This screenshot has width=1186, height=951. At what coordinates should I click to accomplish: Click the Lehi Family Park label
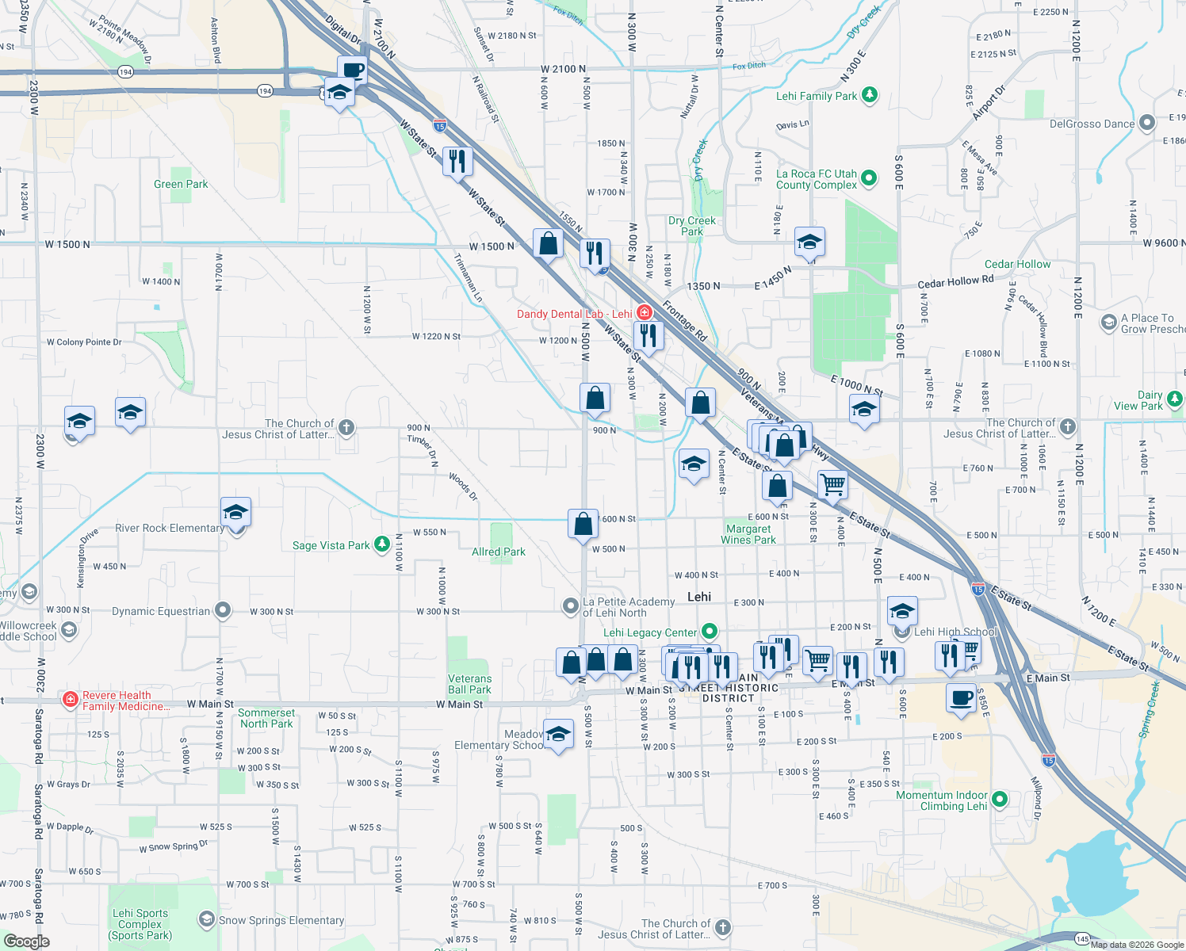(x=817, y=96)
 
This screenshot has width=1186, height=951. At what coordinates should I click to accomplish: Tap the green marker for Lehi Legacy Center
(x=710, y=632)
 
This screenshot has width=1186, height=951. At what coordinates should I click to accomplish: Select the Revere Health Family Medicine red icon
(x=71, y=700)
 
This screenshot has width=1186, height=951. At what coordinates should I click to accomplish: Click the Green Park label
(x=181, y=184)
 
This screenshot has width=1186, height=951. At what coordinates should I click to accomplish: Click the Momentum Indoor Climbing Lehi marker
(x=999, y=800)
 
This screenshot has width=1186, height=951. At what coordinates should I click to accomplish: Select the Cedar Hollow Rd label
(x=955, y=281)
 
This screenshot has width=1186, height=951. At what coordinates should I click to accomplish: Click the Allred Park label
(x=499, y=552)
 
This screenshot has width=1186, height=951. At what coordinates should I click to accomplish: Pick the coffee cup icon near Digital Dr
(x=352, y=71)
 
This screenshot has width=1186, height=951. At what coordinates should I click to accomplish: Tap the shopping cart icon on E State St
(x=832, y=484)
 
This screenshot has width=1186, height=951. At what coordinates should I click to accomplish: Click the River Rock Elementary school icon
(x=235, y=514)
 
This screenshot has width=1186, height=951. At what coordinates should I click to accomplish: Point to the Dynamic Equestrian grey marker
(x=223, y=610)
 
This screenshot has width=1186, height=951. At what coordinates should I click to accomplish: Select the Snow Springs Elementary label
(x=281, y=920)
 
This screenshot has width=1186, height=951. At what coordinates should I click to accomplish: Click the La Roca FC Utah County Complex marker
(x=869, y=178)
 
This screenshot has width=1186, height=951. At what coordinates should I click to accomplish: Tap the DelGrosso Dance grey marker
(x=1146, y=124)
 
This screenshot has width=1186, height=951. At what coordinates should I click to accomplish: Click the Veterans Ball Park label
(x=469, y=684)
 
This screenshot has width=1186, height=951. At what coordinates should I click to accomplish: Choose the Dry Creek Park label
(x=692, y=226)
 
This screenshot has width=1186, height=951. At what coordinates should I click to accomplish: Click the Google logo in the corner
(x=27, y=941)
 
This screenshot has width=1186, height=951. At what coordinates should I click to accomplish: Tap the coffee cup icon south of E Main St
(x=961, y=699)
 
